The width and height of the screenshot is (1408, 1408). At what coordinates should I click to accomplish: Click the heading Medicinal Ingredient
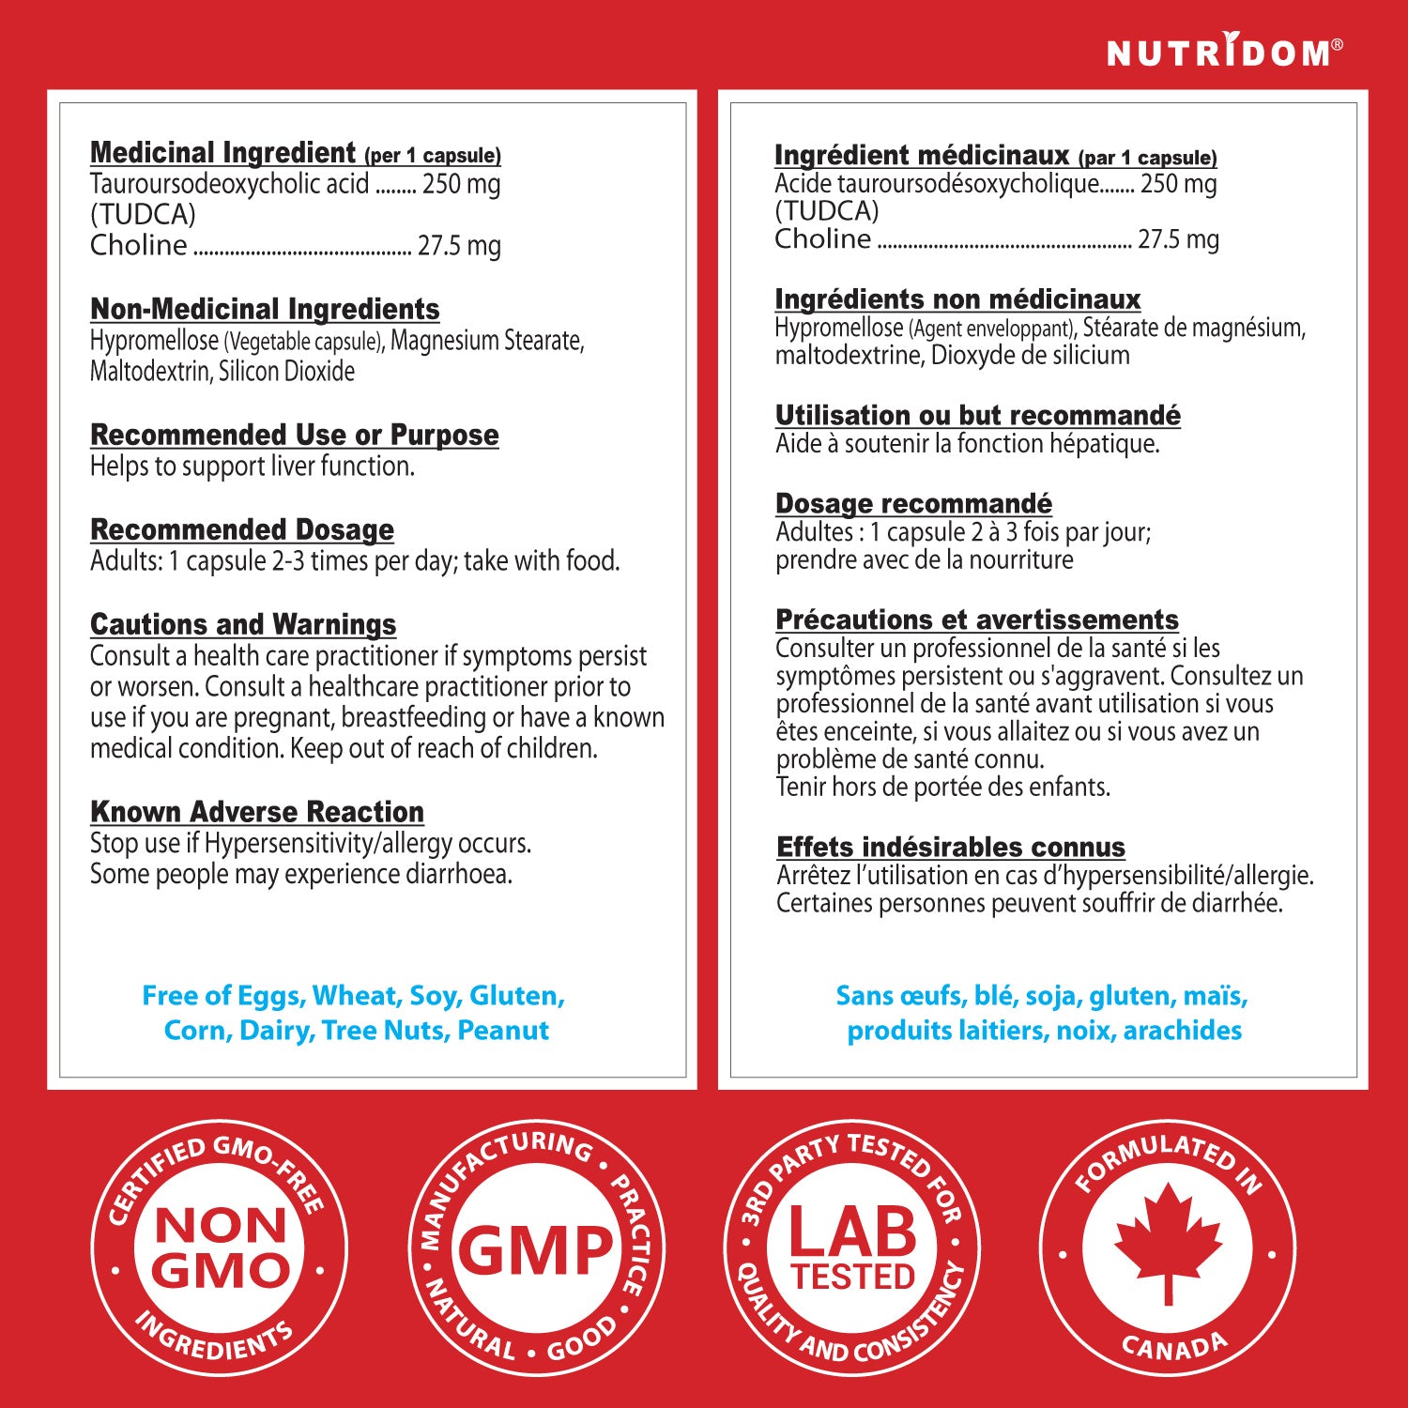tap(223, 152)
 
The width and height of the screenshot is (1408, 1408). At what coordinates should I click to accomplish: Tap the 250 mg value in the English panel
tap(461, 184)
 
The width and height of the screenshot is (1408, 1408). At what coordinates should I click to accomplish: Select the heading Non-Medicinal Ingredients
tap(265, 309)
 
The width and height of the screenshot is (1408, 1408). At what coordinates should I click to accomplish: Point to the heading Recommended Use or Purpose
tap(294, 435)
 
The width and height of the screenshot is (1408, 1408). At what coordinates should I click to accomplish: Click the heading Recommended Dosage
tap(242, 529)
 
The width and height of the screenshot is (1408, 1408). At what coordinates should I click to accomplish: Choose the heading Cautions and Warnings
tap(243, 624)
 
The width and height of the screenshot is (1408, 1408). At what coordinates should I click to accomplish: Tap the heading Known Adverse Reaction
tap(257, 811)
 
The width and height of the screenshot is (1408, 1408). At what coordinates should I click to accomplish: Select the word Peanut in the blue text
tap(503, 1031)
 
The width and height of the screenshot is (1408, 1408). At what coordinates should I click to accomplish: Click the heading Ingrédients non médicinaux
tap(957, 299)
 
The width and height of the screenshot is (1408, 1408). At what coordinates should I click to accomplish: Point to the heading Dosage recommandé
tap(913, 503)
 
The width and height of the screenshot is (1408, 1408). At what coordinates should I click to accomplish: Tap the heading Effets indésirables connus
tap(951, 847)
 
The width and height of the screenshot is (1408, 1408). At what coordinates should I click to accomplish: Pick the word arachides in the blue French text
tap(1182, 1031)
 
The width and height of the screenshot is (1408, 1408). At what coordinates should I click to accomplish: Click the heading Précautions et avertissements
tap(977, 620)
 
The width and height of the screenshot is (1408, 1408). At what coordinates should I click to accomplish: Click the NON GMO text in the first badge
tap(221, 1248)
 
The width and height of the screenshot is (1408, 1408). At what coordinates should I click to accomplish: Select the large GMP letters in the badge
tap(535, 1250)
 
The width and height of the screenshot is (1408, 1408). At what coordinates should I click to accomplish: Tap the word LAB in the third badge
tap(852, 1232)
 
